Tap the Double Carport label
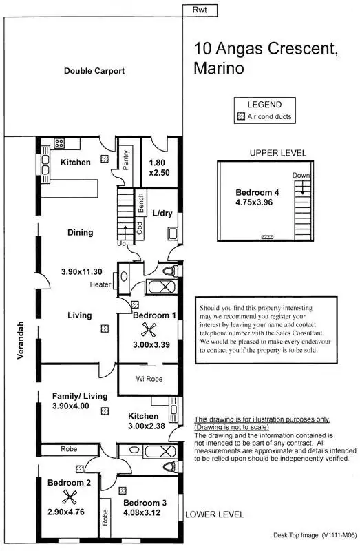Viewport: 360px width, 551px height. [x=93, y=71]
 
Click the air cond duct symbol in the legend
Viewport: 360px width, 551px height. [x=241, y=117]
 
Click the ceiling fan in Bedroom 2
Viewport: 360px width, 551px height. [x=68, y=499]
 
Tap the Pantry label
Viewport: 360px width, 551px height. [x=126, y=161]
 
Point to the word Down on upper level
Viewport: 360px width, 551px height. [x=300, y=175]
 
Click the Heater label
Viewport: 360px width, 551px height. [x=100, y=285]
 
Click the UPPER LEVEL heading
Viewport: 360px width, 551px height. [x=278, y=153]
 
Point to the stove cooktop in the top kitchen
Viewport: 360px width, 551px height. [x=59, y=144]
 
